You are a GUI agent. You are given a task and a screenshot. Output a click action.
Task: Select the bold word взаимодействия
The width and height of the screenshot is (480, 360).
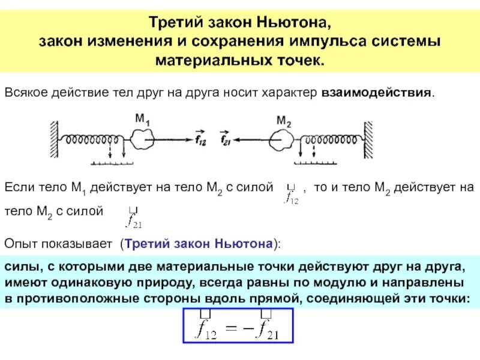pos(377,94)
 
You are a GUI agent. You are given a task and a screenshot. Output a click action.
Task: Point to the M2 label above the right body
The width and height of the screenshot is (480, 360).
pos(284,122)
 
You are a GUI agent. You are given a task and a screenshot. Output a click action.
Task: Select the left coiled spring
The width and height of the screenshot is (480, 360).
pos(95,140)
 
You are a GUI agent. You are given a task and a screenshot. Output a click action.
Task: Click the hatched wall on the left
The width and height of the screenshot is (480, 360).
pos(55,139)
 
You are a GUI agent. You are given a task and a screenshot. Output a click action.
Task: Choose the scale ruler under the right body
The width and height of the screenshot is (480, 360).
pos(314,161)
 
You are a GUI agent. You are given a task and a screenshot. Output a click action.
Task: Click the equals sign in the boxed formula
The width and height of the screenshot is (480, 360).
pos(232,328)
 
